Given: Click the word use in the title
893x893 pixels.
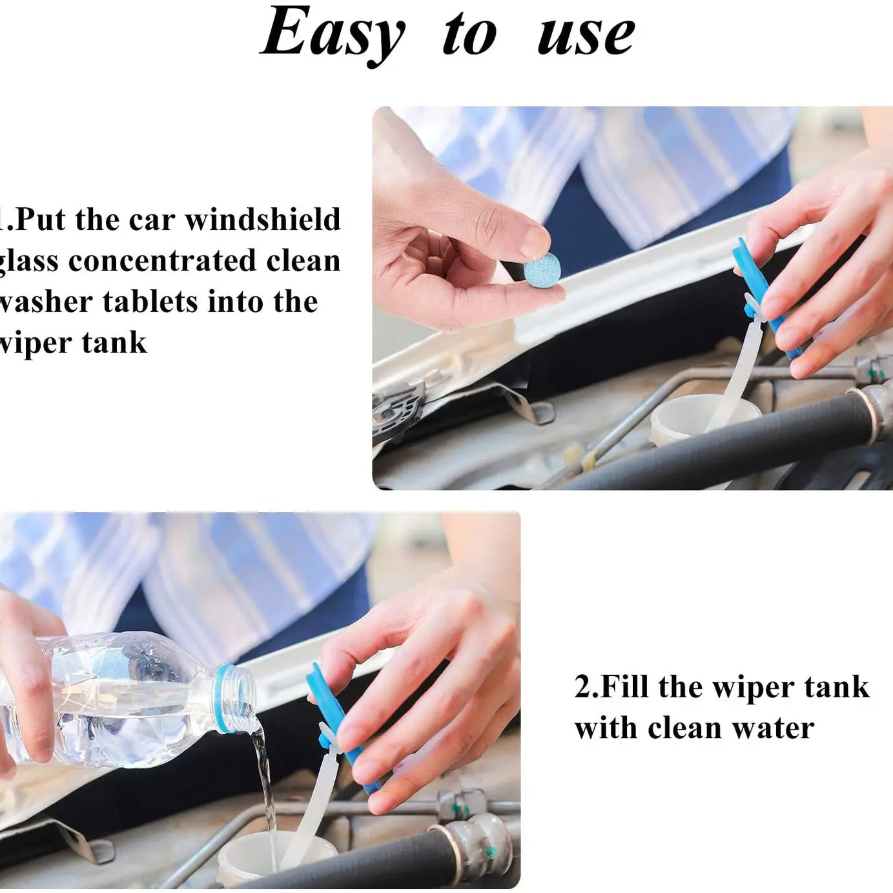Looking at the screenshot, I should pyautogui.click(x=586, y=35).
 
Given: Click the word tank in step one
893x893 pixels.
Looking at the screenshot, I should pyautogui.click(x=114, y=343).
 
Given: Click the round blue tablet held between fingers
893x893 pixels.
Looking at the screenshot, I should pyautogui.click(x=542, y=270).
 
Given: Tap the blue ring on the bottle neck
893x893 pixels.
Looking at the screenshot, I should pyautogui.click(x=223, y=699).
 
